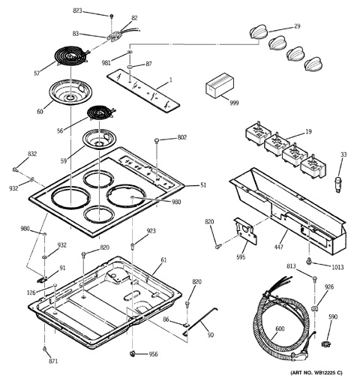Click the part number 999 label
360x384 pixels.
234,103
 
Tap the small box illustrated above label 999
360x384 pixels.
219,85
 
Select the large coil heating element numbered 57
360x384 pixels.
71,56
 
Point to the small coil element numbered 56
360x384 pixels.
100,112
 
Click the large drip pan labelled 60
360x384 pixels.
70,91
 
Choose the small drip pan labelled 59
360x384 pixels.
97,139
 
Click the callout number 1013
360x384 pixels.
337,267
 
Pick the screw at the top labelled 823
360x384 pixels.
112,16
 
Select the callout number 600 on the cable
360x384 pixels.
280,328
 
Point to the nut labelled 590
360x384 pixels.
325,343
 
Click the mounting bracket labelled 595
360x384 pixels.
245,231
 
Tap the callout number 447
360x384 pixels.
278,247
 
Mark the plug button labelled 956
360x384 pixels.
132,353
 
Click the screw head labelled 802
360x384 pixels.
157,140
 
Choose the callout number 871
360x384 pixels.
52,361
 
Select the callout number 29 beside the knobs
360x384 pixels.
297,26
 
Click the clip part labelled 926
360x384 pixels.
315,308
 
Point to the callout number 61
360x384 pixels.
163,260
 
